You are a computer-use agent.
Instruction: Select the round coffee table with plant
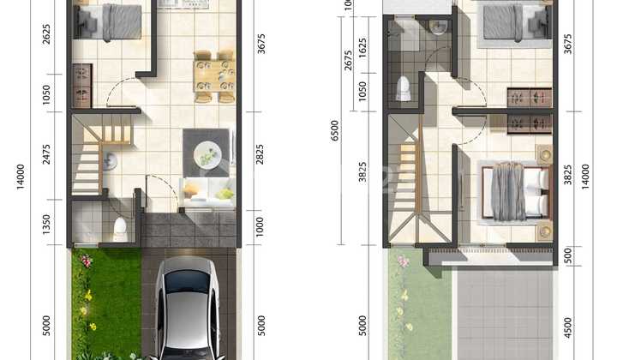[x=207, y=156]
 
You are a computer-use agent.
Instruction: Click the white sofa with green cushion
[x=207, y=195]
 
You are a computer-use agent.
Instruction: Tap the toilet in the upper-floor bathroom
[x=403, y=87]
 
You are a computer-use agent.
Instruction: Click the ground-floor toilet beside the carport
[x=120, y=228]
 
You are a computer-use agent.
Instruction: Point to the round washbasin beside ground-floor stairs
[x=110, y=160]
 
